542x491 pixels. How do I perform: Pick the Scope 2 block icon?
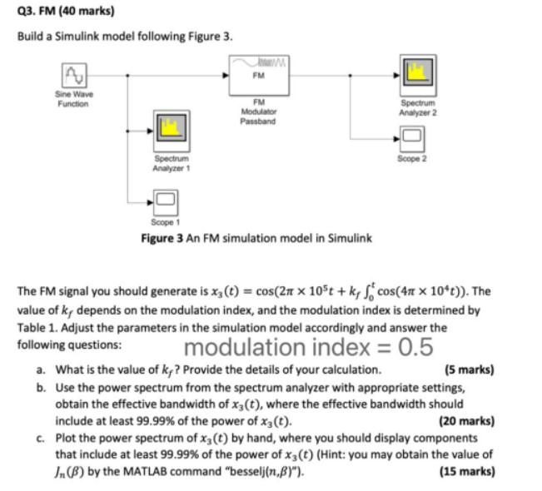(x=414, y=137)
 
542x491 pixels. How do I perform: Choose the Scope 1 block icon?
(x=165, y=201)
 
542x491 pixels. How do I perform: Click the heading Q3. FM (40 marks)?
(x=57, y=12)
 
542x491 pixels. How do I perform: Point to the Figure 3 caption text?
(x=256, y=239)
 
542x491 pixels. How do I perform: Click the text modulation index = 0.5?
(x=308, y=346)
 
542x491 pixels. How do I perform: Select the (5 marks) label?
(x=470, y=369)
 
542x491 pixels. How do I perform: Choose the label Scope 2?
(x=413, y=157)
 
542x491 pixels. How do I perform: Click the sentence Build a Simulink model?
(x=125, y=39)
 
